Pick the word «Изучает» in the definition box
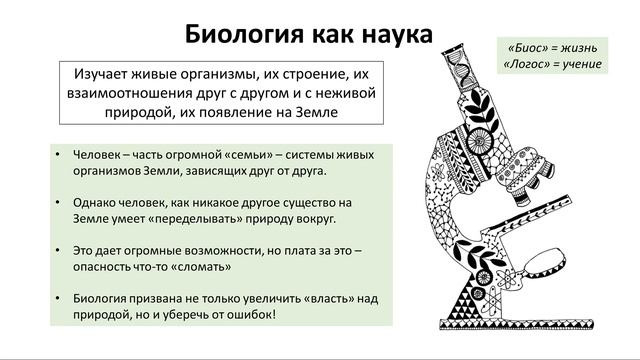point(103,75)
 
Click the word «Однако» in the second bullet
point(96,201)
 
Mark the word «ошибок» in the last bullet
point(252,314)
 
